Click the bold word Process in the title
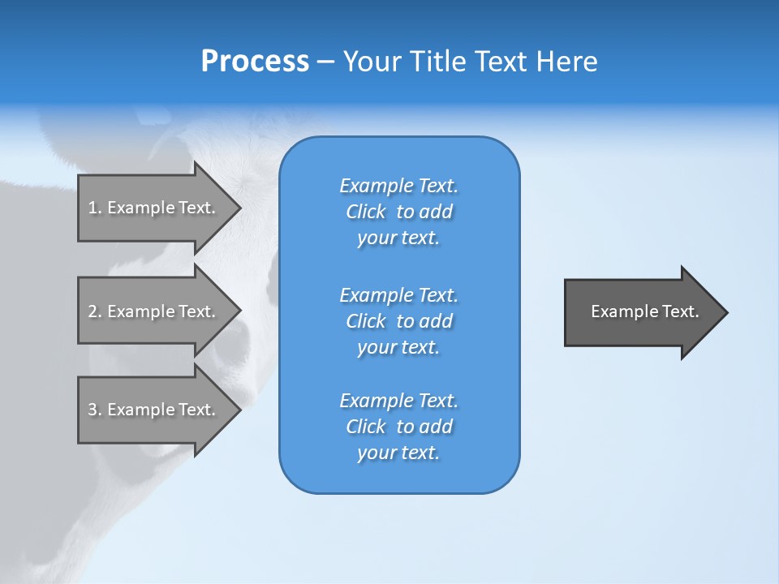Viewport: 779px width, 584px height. [255, 62]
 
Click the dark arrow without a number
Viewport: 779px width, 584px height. [641, 311]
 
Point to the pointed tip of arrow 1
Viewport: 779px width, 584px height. [239, 208]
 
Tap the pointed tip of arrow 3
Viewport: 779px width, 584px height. [239, 410]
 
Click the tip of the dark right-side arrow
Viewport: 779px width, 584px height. [725, 311]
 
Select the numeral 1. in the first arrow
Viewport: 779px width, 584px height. [95, 208]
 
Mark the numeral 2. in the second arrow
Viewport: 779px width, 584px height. [95, 311]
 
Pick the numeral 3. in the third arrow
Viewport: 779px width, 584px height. [95, 410]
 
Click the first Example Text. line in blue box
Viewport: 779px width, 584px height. [398, 186]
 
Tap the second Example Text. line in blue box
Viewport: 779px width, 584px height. [398, 294]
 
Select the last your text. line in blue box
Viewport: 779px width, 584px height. [398, 453]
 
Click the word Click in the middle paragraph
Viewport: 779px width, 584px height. [365, 321]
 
